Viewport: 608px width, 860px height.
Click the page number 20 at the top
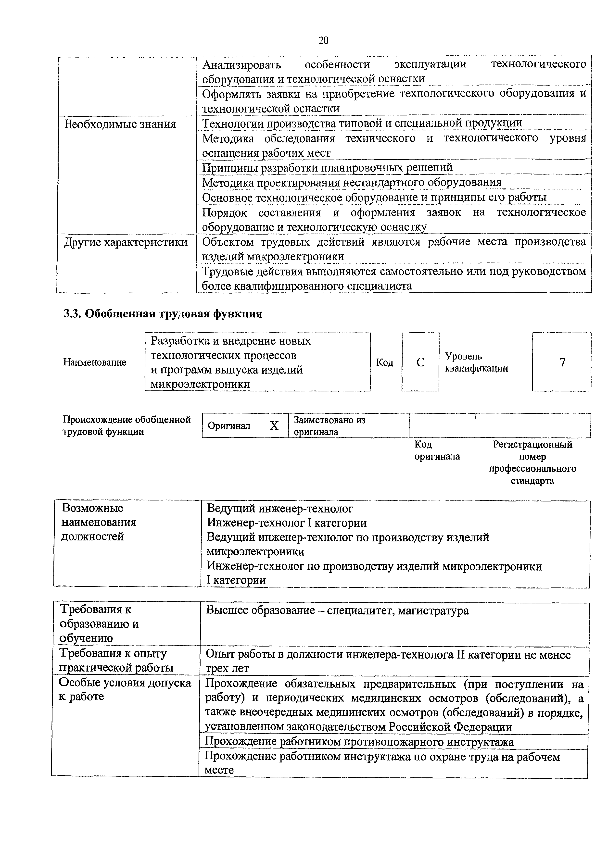tap(323, 40)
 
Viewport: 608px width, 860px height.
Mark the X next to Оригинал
tap(274, 425)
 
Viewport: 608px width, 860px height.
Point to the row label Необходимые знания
tap(120, 124)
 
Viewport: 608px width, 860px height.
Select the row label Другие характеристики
tap(126, 242)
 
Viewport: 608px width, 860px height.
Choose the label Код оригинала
tap(437, 450)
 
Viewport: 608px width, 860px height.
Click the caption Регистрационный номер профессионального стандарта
tap(532, 462)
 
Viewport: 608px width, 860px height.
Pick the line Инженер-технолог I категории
tap(287, 523)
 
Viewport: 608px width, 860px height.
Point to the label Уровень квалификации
tap(476, 362)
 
